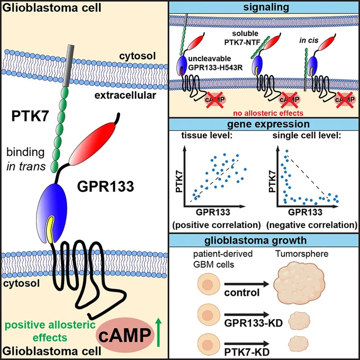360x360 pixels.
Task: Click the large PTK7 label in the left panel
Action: (30, 116)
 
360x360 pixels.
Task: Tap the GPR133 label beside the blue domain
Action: (105, 186)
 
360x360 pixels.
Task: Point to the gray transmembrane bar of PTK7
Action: (68, 66)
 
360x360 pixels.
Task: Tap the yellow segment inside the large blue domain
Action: (50, 229)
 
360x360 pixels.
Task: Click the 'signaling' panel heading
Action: (266, 7)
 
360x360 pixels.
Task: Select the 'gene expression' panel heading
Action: (268, 124)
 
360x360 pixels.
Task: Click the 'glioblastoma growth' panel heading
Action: (255, 240)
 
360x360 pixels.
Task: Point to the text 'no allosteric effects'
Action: (268, 113)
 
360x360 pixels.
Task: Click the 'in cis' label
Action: (309, 40)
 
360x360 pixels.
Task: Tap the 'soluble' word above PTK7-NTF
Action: (245, 33)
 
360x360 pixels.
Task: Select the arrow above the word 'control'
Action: (247, 284)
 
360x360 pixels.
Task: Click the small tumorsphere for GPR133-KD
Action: (299, 321)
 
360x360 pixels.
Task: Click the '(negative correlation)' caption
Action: (312, 225)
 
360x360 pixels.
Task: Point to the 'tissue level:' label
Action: (208, 136)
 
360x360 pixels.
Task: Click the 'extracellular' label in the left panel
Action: (125, 95)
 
